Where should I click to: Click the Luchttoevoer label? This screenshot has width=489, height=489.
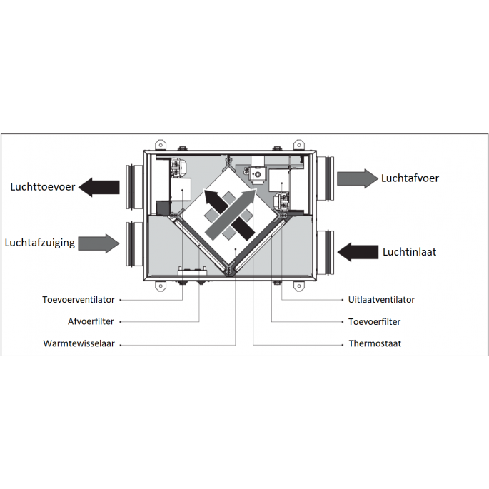[x=43, y=187]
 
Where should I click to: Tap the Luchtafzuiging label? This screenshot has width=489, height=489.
[x=40, y=243]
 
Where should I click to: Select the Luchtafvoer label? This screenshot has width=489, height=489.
[x=410, y=178]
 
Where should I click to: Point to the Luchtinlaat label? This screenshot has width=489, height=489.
[x=410, y=252]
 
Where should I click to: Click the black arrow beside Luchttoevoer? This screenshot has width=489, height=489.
[x=99, y=187]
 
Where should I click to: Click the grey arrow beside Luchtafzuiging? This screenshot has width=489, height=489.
[x=99, y=243]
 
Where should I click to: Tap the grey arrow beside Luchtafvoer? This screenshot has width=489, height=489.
[x=358, y=178]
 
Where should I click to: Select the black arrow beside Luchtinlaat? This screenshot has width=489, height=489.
[x=358, y=252]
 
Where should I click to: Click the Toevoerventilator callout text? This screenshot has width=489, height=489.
[x=79, y=300]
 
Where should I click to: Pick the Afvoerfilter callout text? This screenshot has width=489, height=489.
[x=91, y=321]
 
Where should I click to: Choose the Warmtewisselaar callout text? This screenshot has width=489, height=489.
[x=79, y=343]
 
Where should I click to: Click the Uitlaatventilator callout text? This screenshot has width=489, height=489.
[x=381, y=300]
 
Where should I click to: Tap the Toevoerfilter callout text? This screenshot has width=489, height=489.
[x=375, y=321]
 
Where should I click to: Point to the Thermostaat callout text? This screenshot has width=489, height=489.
[x=375, y=343]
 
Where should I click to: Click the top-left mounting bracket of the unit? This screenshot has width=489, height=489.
[x=161, y=145]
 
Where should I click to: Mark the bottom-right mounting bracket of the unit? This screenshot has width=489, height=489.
[x=299, y=286]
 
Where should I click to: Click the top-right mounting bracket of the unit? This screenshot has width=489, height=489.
[x=299, y=145]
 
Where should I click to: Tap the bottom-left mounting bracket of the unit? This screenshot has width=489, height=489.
[x=161, y=286]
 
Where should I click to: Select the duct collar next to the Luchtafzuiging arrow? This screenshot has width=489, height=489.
[x=134, y=244]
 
